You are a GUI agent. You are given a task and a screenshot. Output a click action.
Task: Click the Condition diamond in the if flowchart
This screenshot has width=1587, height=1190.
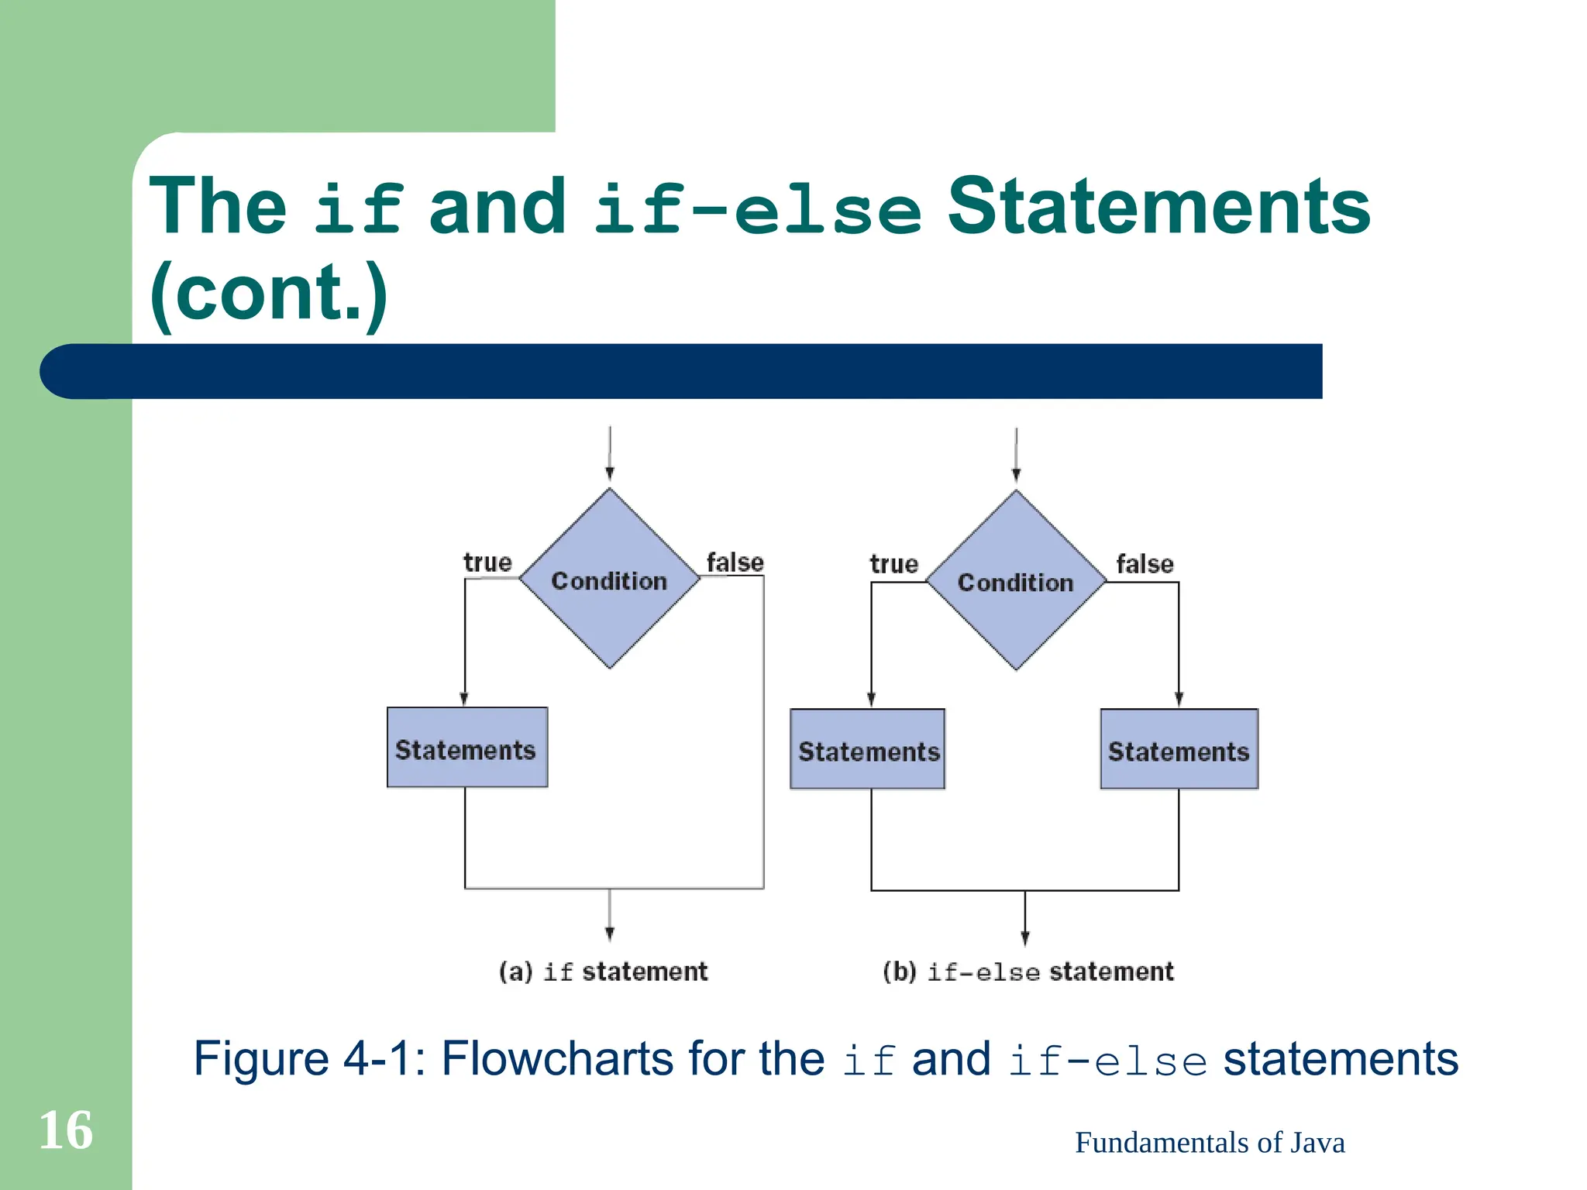click(609, 579)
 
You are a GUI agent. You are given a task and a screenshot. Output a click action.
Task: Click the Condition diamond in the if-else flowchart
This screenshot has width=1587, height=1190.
click(1016, 580)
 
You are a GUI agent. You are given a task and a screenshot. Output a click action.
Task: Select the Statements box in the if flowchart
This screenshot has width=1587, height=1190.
click(466, 748)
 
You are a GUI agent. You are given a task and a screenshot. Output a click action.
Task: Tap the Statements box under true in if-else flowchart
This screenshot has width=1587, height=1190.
click(867, 749)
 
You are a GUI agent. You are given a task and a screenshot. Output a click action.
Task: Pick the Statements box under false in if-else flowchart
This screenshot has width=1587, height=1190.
click(1179, 749)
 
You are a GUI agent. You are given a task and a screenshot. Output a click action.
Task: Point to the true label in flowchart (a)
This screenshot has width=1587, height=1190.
click(487, 562)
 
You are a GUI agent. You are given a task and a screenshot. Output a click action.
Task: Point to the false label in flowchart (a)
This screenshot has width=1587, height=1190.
click(735, 562)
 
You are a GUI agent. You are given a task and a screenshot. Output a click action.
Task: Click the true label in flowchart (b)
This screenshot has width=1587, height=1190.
click(893, 563)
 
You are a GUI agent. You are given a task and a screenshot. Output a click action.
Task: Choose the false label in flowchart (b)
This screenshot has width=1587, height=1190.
click(1145, 563)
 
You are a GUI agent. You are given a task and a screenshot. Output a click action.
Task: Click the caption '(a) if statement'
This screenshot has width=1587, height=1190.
click(603, 971)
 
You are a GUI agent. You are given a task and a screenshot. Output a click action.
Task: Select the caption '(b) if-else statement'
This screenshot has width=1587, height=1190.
click(1028, 972)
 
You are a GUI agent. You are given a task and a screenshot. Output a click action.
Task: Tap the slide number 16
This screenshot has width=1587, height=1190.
click(66, 1130)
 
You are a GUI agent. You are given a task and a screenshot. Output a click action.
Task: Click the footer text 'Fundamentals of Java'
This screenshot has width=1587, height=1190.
click(1210, 1143)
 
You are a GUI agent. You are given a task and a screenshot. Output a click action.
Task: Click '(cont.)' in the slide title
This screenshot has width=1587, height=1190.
click(268, 292)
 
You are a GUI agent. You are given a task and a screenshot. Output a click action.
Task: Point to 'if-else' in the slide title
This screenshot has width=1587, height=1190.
click(758, 209)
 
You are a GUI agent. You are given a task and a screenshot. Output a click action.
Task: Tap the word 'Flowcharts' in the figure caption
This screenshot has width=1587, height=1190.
click(556, 1058)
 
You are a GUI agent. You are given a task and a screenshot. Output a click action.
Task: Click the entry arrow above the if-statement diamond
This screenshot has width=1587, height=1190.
click(610, 454)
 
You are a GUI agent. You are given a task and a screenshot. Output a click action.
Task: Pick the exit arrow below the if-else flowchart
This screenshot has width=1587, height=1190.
click(1024, 918)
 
